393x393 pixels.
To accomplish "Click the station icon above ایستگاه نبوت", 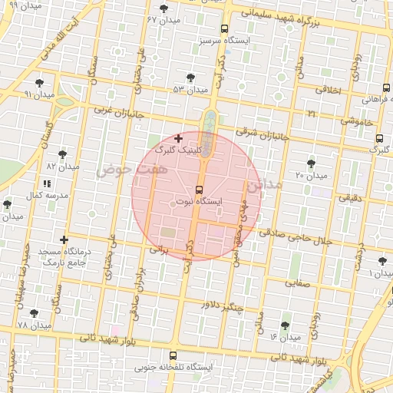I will (x=200, y=189).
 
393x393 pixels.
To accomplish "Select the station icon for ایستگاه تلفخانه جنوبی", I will (x=173, y=356).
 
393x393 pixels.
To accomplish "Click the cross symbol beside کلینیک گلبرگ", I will (x=179, y=139).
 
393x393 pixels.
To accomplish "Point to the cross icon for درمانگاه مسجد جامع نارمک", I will (x=64, y=240).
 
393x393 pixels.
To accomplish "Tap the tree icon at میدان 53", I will (x=190, y=77).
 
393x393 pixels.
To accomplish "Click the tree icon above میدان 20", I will (x=311, y=163).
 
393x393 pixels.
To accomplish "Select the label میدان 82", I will (x=63, y=166).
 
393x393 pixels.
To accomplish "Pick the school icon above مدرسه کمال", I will (x=47, y=184).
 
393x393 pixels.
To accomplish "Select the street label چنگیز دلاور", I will (x=222, y=305).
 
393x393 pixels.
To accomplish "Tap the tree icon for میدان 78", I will (x=34, y=313).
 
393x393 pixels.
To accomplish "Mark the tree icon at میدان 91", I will (x=39, y=83).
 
